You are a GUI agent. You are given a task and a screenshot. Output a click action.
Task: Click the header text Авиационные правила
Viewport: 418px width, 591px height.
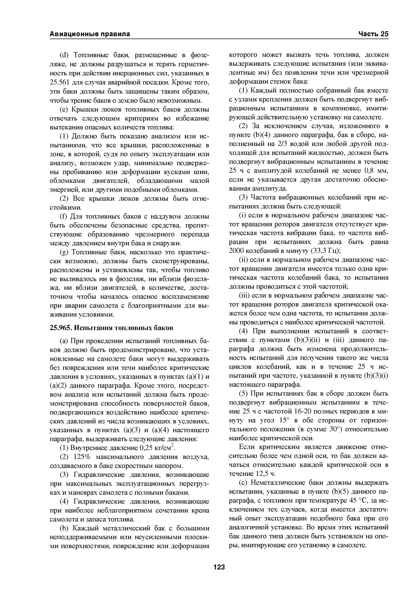[x=90, y=34]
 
